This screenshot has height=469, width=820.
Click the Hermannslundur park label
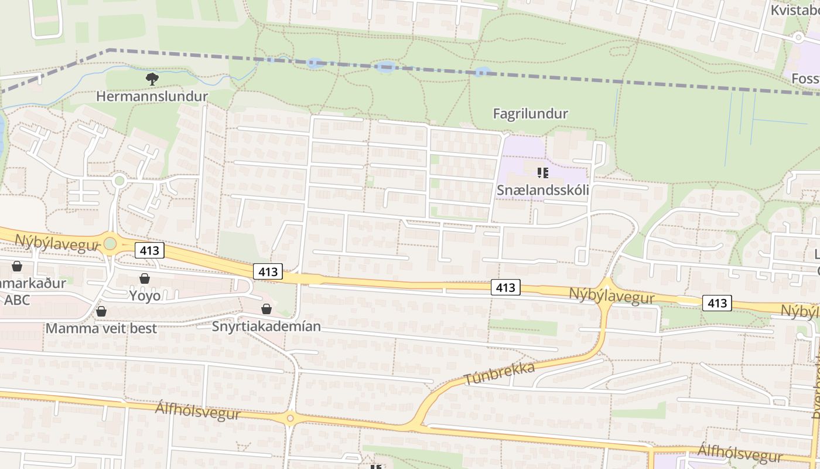pos(152,96)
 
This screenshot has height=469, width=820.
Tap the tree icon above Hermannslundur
pos(152,79)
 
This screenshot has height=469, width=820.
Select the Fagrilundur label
pos(530,114)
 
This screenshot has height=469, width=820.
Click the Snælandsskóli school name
pos(542,191)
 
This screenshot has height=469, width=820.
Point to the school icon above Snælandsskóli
pos(542,173)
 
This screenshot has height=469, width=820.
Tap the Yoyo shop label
pos(145,295)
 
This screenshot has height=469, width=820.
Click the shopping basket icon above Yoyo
pos(144,279)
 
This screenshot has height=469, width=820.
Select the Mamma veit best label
pos(101,328)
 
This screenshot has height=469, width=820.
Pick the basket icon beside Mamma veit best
pos(101,311)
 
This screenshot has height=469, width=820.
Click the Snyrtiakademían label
pos(266,327)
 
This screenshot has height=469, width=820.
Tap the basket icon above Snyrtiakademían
pos(266,309)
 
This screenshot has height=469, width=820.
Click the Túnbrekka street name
pos(499,373)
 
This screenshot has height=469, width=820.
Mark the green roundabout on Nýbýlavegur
pos(110,243)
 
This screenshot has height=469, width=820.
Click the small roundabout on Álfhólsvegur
pos(290,419)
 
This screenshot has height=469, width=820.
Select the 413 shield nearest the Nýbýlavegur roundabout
pos(149,251)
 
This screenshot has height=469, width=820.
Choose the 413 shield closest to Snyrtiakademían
pos(268,271)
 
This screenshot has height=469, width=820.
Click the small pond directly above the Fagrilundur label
pos(483,72)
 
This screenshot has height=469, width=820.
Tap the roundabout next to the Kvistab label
pos(798,38)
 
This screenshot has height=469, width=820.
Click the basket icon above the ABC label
pos(17,267)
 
